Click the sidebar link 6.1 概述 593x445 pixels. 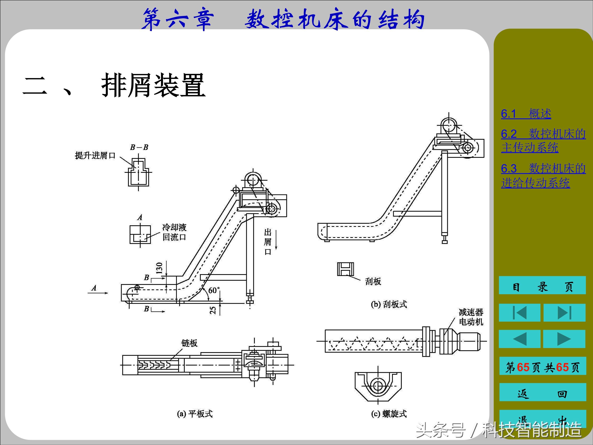[526, 114]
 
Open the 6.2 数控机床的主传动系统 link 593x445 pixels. [543, 141]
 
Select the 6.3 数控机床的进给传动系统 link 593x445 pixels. [543, 176]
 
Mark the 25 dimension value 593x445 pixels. [213, 310]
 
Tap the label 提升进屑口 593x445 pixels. [95, 155]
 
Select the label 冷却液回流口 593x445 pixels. [174, 232]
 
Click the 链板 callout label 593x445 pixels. [189, 343]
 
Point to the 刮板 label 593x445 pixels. [373, 281]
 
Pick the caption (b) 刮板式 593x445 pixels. [389, 304]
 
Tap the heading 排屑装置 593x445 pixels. [153, 86]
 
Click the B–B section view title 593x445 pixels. [139, 147]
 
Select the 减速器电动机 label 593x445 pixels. [471, 317]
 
